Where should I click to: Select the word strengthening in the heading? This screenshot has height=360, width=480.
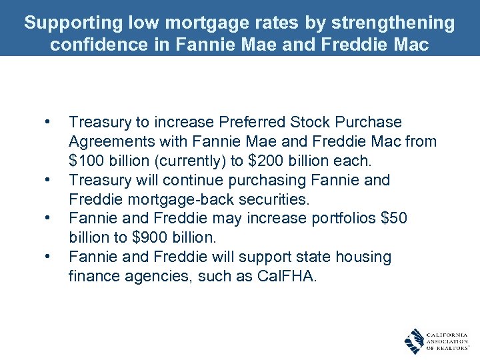click(x=395, y=23)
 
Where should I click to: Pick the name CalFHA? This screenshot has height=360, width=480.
click(x=286, y=277)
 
